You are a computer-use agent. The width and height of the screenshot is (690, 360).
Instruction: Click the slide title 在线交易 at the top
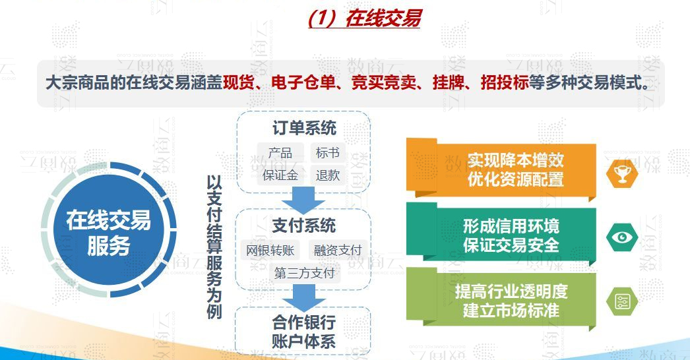pos(363,18)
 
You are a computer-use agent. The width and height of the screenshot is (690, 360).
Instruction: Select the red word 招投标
pos(504,82)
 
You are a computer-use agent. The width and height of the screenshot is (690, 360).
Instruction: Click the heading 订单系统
pos(304,128)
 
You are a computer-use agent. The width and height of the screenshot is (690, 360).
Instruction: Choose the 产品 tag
pos(280,153)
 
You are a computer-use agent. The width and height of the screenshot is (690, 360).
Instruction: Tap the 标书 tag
pos(327,153)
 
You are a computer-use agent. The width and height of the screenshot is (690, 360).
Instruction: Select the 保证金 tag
pos(280,175)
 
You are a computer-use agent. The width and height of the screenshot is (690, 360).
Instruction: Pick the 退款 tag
pos(327,175)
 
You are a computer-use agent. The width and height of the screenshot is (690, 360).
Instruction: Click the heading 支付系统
pos(303,225)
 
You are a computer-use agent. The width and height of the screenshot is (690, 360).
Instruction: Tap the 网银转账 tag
pos(270,251)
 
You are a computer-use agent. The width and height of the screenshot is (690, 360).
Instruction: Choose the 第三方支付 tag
pos(304,274)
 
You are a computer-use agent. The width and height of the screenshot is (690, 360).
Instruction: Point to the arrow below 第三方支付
pos(303,297)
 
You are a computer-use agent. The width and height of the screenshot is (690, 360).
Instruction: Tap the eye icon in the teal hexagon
pos(622,238)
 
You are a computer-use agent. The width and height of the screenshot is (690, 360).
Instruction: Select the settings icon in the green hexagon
pos(622,301)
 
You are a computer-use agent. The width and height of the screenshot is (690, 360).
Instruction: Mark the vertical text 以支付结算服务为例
pos(214,247)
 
